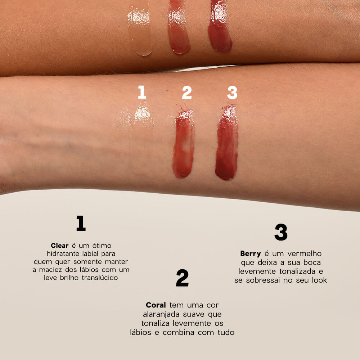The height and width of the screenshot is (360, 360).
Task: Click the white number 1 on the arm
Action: coord(142,92)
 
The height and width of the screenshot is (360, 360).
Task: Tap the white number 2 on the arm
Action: coord(187,92)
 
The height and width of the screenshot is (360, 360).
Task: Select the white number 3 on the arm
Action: coord(232,92)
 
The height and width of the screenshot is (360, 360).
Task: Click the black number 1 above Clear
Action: coord(81,223)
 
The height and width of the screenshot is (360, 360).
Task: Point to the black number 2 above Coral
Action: coord(182,278)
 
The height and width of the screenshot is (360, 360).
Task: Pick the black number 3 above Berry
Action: coord(281,232)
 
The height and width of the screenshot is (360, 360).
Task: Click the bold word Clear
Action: coord(59,246)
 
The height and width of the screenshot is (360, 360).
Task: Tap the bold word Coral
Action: coord(156,305)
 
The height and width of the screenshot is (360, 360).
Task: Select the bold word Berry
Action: coord(251,254)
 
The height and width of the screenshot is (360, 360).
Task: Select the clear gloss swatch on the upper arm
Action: coord(140,29)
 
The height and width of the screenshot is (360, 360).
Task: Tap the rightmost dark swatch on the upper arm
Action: coord(220,29)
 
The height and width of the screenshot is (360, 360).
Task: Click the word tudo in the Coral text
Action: coord(226,332)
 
